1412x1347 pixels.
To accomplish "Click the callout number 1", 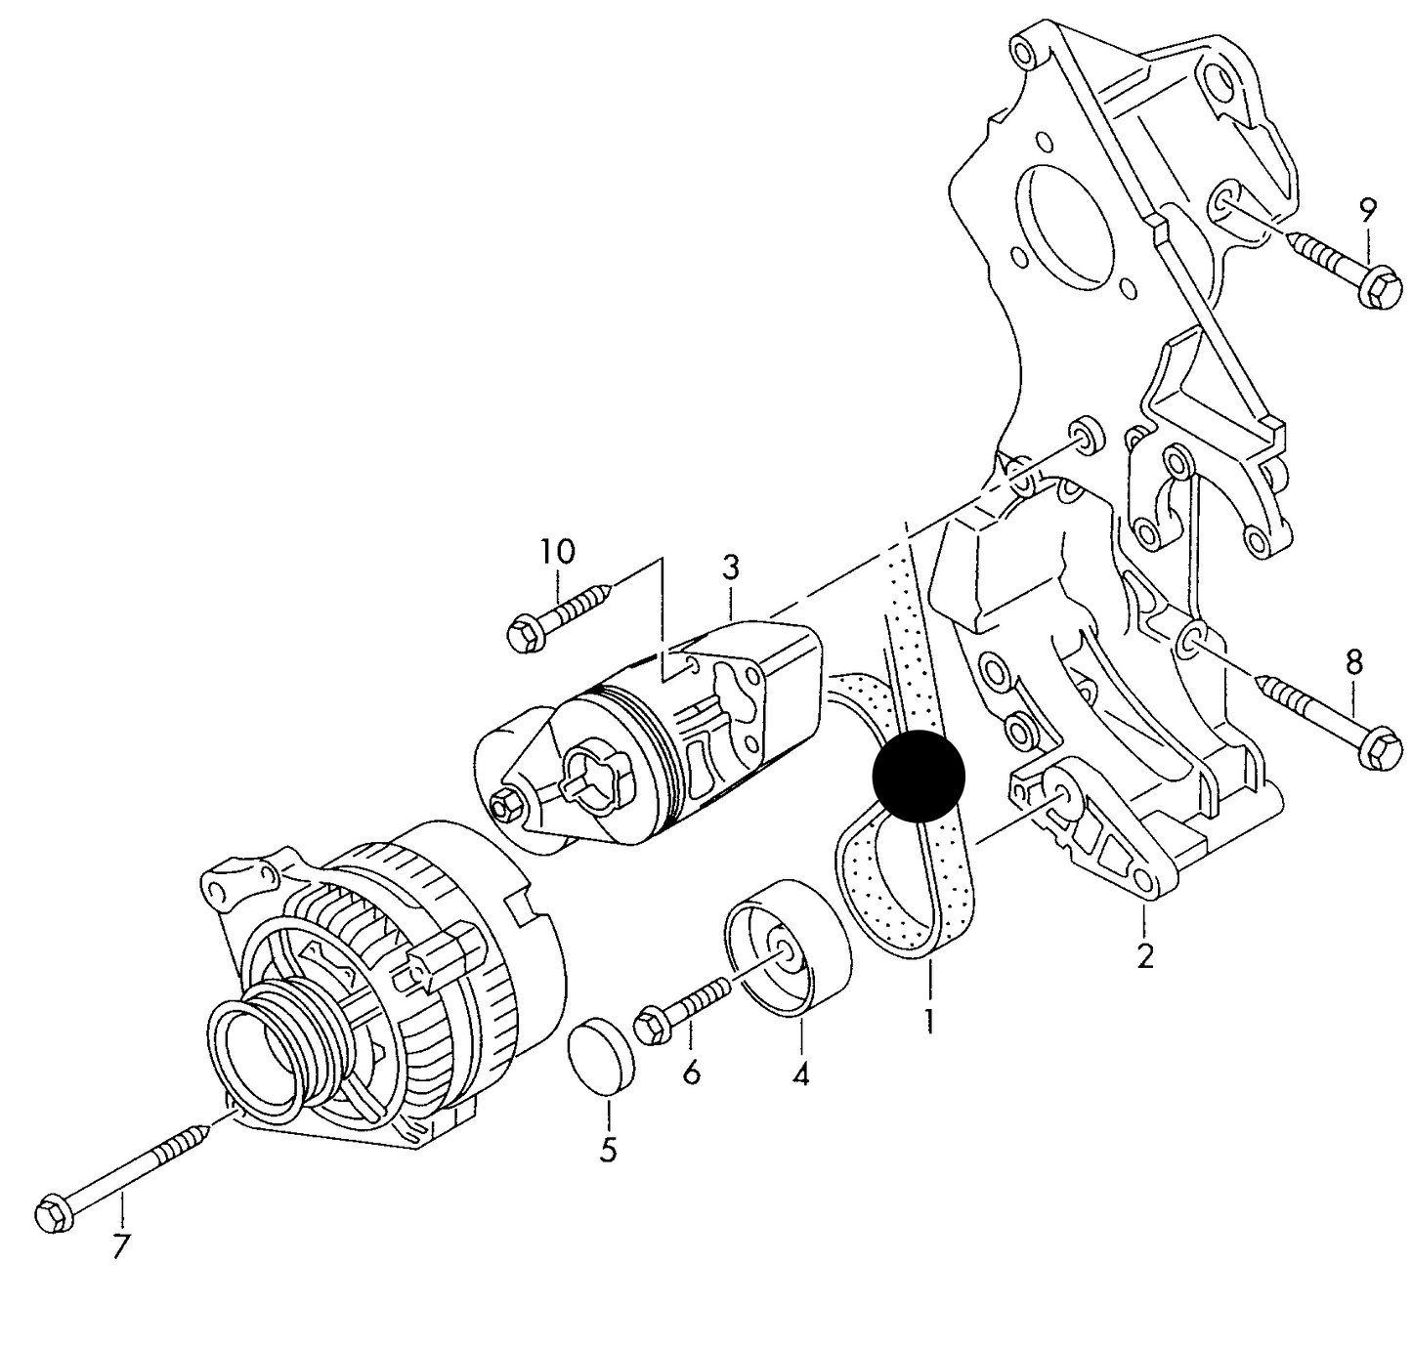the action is pos(928,1022).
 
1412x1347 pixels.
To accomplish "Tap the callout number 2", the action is pos(1145,956).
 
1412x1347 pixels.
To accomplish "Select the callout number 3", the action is pos(730,568).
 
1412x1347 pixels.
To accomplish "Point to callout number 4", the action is pos(801,1075).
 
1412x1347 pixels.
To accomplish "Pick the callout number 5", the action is pos(609,1151).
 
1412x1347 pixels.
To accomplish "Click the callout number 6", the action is pos(691,1073).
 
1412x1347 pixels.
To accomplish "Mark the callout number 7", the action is pos(120,1246).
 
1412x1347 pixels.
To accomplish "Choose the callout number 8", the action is pos(1353,662).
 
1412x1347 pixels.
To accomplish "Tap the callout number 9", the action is pos(1367,210).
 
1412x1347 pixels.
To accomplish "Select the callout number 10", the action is pos(558,552).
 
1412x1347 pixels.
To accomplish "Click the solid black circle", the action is pos(918,777).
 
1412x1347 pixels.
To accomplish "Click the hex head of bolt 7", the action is pos(54,1213).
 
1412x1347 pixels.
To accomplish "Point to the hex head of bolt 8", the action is pos(1381,749).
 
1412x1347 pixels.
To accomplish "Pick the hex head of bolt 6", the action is pos(652,1028).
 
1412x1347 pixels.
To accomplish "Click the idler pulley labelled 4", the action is pos(788,947).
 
